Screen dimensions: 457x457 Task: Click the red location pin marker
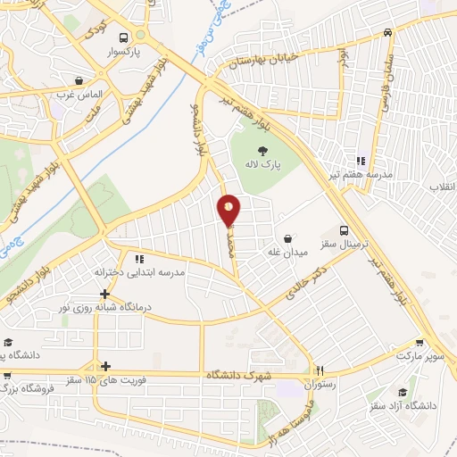(x=229, y=210)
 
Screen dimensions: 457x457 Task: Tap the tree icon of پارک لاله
(x=262, y=151)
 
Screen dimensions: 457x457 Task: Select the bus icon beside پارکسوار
(x=140, y=37)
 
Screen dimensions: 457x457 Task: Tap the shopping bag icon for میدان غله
(x=288, y=238)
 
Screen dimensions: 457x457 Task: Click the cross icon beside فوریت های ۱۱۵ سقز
(x=105, y=366)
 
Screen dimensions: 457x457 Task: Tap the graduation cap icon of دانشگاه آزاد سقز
(x=402, y=392)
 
